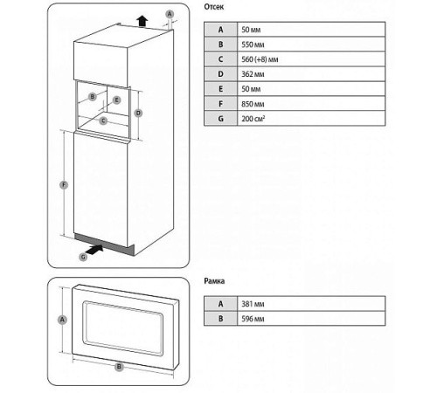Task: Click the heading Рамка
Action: click(215, 281)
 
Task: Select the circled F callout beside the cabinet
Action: click(63, 184)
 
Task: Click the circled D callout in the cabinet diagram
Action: click(137, 114)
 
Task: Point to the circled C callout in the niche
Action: click(103, 120)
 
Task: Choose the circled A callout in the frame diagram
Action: click(62, 321)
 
